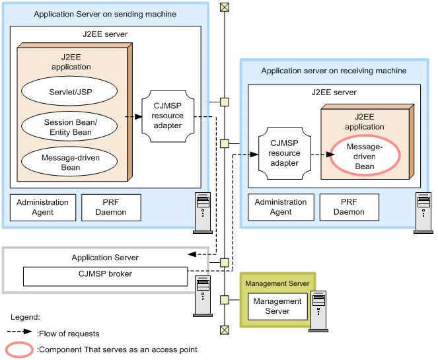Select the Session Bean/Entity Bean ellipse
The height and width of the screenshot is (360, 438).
[x=70, y=127]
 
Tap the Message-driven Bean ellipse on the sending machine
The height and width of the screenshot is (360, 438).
[x=70, y=162]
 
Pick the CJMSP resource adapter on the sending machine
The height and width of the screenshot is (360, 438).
[x=167, y=116]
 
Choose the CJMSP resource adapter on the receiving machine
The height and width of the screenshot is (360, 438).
[x=284, y=153]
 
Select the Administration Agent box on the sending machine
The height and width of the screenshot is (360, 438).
[x=42, y=207]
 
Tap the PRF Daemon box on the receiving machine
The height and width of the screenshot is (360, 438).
[x=349, y=207]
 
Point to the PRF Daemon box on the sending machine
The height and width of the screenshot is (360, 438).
[x=111, y=207]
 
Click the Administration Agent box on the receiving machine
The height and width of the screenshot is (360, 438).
[x=281, y=207]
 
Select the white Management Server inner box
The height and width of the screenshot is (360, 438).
[x=277, y=306]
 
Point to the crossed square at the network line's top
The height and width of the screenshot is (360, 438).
[x=225, y=7]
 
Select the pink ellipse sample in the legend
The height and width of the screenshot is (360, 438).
[x=20, y=349]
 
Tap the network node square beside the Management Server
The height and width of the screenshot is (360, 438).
[x=225, y=299]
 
